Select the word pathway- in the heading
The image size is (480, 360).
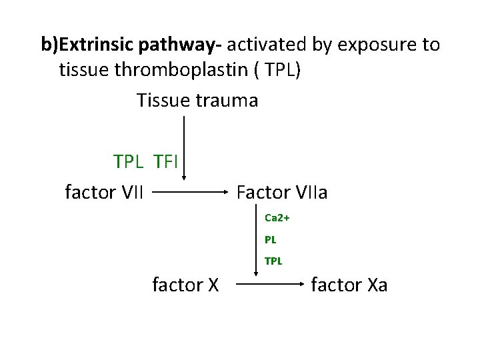pos(181,45)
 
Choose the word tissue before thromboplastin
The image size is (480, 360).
pos(80,70)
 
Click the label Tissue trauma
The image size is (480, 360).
pos(197,100)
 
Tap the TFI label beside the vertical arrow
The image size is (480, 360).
pos(166,162)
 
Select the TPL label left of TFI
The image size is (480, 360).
pos(129,162)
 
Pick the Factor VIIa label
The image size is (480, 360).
pos(282,193)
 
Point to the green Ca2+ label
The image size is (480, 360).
pos(277,218)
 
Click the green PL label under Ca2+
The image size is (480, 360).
pos(270,239)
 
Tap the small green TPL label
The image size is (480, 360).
pos(273,261)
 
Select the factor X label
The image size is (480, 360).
pos(186,285)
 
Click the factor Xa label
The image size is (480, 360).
pos(349,285)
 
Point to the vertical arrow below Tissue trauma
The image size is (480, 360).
pos(185,147)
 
